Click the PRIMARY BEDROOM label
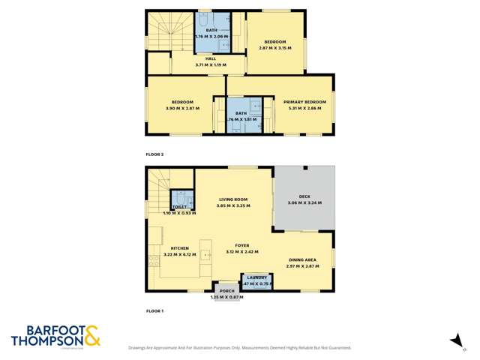[304, 102]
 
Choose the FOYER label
[242, 245]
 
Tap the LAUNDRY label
[257, 278]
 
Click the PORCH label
[226, 291]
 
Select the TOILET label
[180, 206]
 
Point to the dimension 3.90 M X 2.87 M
[182, 108]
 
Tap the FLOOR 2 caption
[154, 154]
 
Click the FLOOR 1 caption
[154, 310]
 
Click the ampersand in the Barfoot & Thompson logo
[92, 335]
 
